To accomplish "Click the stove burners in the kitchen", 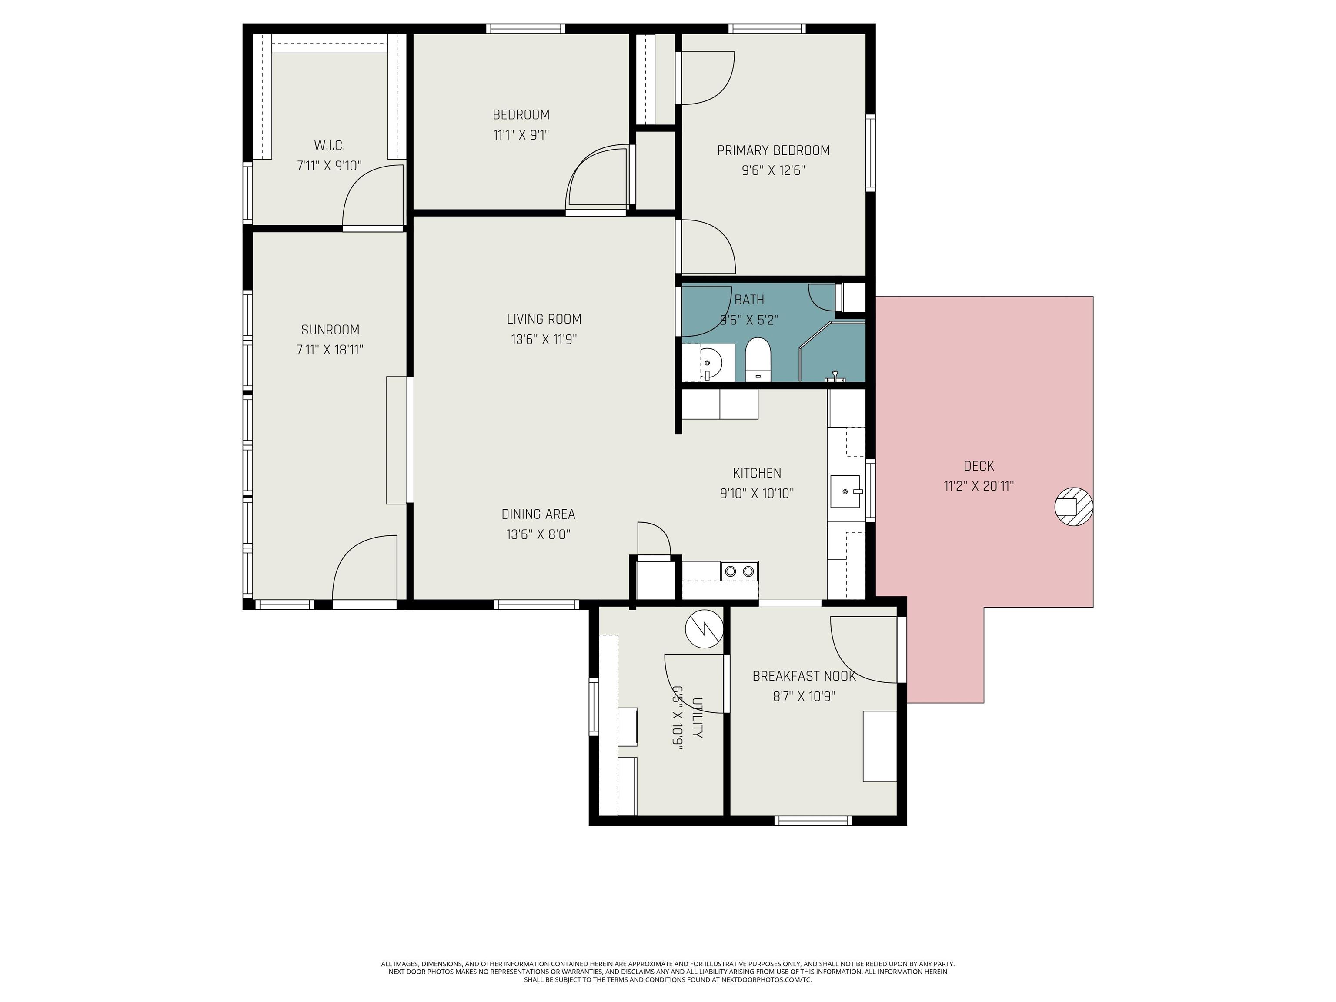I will (x=739, y=571).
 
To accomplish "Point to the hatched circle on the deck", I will (x=1073, y=506).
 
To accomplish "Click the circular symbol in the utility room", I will (x=704, y=629).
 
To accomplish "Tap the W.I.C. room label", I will (x=329, y=146).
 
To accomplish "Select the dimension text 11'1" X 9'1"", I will (x=521, y=135).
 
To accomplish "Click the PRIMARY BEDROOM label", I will (x=773, y=150).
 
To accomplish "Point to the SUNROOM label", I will (x=330, y=330).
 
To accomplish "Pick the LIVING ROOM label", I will (x=544, y=319).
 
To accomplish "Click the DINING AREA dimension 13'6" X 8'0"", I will (x=538, y=534).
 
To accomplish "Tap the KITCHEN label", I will (x=757, y=473).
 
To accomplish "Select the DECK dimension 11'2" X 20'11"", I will (x=979, y=486).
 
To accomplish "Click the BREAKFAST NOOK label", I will (x=804, y=676).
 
